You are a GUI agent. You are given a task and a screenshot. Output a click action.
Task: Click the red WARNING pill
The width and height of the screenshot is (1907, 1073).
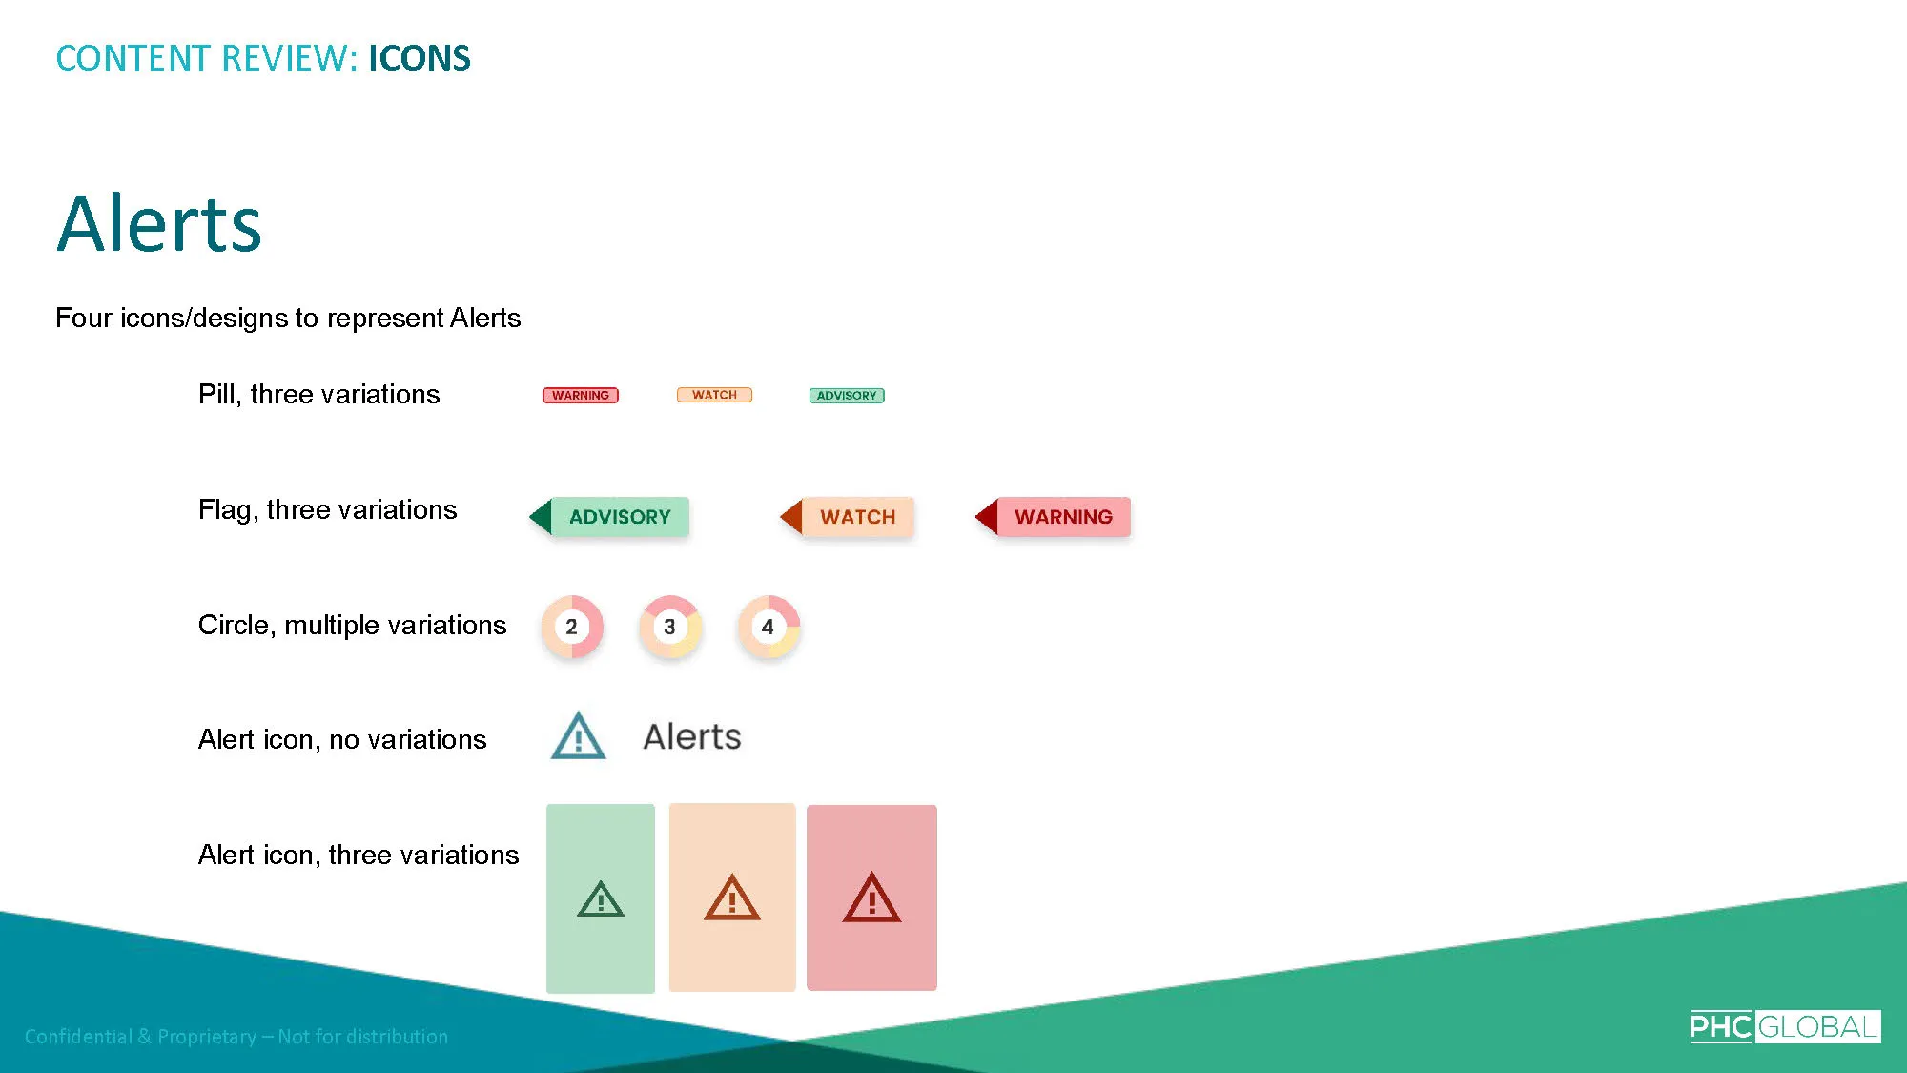pyautogui.click(x=581, y=395)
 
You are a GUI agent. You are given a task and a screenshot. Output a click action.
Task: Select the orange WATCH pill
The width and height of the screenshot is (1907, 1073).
pyautogui.click(x=714, y=395)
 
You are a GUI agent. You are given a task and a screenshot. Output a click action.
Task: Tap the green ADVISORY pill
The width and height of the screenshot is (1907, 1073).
pyautogui.click(x=847, y=395)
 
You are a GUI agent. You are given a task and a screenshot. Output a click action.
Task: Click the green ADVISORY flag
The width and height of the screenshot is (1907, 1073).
pyautogui.click(x=609, y=517)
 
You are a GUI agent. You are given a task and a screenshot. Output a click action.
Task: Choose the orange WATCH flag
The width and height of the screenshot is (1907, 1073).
pyautogui.click(x=848, y=517)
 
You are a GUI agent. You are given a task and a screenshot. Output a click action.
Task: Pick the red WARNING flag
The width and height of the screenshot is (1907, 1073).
pyautogui.click(x=1053, y=517)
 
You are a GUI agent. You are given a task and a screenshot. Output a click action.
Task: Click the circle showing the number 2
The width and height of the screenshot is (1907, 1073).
pyautogui.click(x=572, y=627)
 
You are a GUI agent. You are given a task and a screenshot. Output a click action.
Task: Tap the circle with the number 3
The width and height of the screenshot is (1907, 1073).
pyautogui.click(x=670, y=627)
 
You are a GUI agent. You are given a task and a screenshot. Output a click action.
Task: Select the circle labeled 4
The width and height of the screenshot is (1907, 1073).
pyautogui.click(x=769, y=627)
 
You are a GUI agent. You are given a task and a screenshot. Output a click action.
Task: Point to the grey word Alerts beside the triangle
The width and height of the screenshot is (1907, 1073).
pyautogui.click(x=692, y=736)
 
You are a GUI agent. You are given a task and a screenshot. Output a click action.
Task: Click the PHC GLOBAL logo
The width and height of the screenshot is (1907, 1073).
pyautogui.click(x=1785, y=1026)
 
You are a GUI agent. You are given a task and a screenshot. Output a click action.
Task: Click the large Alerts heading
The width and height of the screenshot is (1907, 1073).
pyautogui.click(x=159, y=223)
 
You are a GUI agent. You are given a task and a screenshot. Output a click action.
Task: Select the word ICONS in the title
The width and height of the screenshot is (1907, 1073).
pyautogui.click(x=420, y=58)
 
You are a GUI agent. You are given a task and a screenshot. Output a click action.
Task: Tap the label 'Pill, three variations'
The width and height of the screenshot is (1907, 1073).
pyautogui.click(x=319, y=394)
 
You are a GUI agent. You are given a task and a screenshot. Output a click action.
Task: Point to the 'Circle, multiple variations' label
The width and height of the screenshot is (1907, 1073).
pyautogui.click(x=353, y=625)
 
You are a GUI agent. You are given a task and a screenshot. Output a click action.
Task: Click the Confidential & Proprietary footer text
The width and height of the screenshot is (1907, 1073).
pyautogui.click(x=236, y=1037)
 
